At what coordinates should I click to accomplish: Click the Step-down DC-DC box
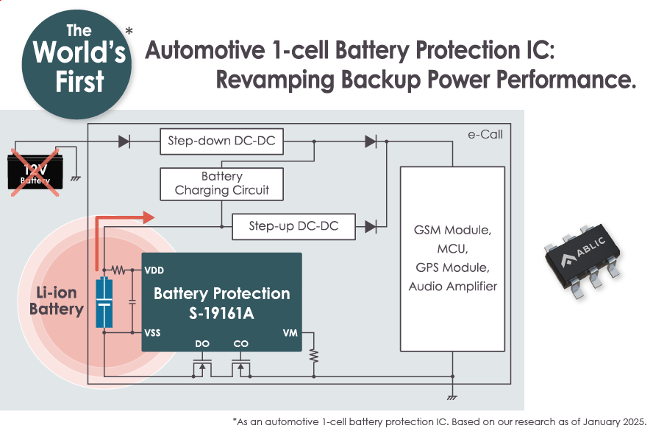coord(221,141)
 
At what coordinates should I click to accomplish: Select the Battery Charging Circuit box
coord(221,183)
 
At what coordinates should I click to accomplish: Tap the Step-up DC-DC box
coord(293,226)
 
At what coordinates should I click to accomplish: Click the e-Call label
coord(485,135)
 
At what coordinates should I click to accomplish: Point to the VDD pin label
coord(154,270)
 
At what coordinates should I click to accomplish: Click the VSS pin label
coord(153,333)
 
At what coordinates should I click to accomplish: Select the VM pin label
coord(290,333)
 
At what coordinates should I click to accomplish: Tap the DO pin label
coord(202,343)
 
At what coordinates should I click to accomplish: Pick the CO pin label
coord(240,343)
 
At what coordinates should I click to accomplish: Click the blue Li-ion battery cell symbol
coord(104,303)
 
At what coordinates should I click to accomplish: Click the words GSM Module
coord(452,231)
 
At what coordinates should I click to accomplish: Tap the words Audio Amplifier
coord(452,286)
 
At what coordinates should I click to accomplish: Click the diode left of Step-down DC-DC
coord(124,141)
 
